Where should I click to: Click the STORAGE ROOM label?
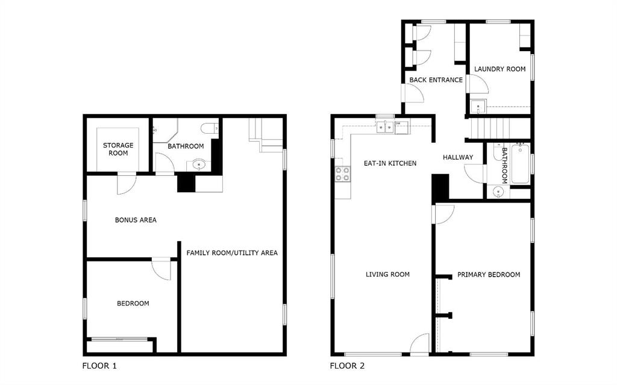[x=118, y=149]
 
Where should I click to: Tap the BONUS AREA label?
[x=136, y=220]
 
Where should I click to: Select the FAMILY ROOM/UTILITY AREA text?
[x=232, y=252]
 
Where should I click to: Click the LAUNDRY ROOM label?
[x=500, y=69]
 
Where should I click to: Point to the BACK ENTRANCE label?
[x=436, y=80]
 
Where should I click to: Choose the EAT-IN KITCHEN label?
[x=390, y=163]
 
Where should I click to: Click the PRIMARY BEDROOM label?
[x=488, y=275]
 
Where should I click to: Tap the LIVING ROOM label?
[x=387, y=275]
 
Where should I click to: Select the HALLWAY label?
[x=458, y=158]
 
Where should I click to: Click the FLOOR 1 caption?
[x=99, y=366]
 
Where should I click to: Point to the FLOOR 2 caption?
[x=347, y=366]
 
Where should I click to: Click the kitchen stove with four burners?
[x=342, y=174]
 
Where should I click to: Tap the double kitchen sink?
[x=384, y=127]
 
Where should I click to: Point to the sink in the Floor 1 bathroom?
[x=199, y=164]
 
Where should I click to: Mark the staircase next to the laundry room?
[x=489, y=128]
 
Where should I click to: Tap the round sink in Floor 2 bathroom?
[x=498, y=192]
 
